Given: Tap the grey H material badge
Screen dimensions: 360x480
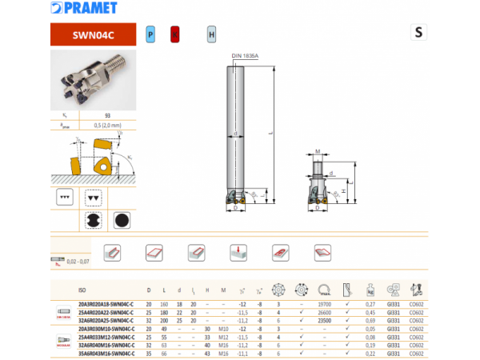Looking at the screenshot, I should point(211,34).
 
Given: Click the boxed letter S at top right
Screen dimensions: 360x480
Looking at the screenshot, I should point(418,32).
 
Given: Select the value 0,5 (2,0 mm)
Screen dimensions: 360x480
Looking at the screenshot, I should point(106,125).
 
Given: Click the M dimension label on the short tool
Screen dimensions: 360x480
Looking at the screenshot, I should point(318,150).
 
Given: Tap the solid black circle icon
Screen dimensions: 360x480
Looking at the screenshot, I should point(122,220).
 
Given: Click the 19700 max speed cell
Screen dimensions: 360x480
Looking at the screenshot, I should point(325,304).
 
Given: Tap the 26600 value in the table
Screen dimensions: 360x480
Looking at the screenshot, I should point(325,312).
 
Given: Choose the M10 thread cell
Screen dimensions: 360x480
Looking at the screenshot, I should point(223,329).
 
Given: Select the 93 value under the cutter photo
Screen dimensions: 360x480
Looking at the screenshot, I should point(106,115).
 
